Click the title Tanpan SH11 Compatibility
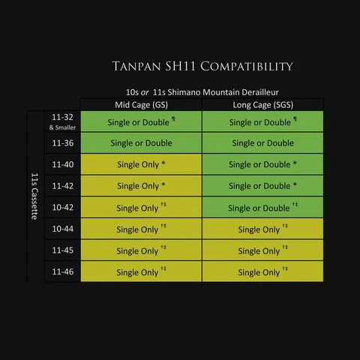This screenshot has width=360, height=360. click(x=202, y=66)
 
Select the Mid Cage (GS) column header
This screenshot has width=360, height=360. click(x=141, y=105)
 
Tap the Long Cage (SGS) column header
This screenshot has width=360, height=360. click(x=263, y=105)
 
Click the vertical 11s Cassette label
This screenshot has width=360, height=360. click(x=34, y=196)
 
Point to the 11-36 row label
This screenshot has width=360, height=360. click(x=63, y=143)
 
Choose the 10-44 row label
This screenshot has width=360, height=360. click(x=63, y=229)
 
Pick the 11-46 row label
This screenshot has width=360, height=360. click(x=63, y=271)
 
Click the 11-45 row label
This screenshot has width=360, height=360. click(x=63, y=250)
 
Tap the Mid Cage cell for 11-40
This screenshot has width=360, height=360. click(x=141, y=164)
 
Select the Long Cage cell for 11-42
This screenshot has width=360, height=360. click(x=262, y=186)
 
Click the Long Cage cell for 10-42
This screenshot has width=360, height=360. click(x=262, y=207)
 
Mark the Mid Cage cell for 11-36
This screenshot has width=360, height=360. click(x=141, y=143)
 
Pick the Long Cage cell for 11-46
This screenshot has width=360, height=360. click(x=262, y=271)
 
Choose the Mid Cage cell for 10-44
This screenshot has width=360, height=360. click(x=141, y=229)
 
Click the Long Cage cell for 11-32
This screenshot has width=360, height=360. click(x=262, y=121)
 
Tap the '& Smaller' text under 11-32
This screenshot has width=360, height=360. click(x=62, y=127)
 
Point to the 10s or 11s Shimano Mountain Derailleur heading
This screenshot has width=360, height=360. click(x=202, y=92)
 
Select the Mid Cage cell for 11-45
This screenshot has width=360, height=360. click(x=141, y=250)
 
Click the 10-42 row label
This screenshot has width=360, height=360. click(x=63, y=207)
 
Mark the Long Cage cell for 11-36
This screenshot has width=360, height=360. click(x=262, y=143)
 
